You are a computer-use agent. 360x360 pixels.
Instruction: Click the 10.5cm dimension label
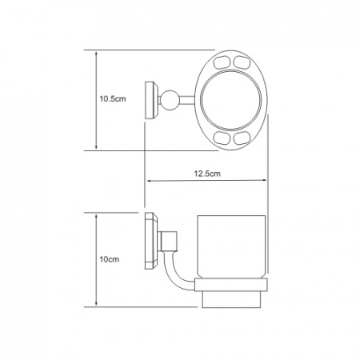pyautogui.click(x=113, y=99)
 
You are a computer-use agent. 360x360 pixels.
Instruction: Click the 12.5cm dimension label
pyautogui.click(x=207, y=174)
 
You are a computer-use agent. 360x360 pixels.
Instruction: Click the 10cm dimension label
pyautogui.click(x=110, y=259)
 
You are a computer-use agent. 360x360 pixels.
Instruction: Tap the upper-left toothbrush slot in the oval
pyautogui.click(x=222, y=62)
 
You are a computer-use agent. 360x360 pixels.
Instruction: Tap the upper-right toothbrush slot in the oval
pyautogui.click(x=242, y=62)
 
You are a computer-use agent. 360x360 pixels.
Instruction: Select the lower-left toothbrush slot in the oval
pyautogui.click(x=222, y=138)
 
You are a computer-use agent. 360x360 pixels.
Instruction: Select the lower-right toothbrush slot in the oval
pyautogui.click(x=242, y=138)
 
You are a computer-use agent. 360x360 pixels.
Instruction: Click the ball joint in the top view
pyautogui.click(x=169, y=100)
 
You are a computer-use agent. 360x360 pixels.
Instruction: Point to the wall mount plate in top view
pyautogui.click(x=151, y=100)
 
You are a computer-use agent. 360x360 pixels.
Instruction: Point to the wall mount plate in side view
pyautogui.click(x=151, y=241)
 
